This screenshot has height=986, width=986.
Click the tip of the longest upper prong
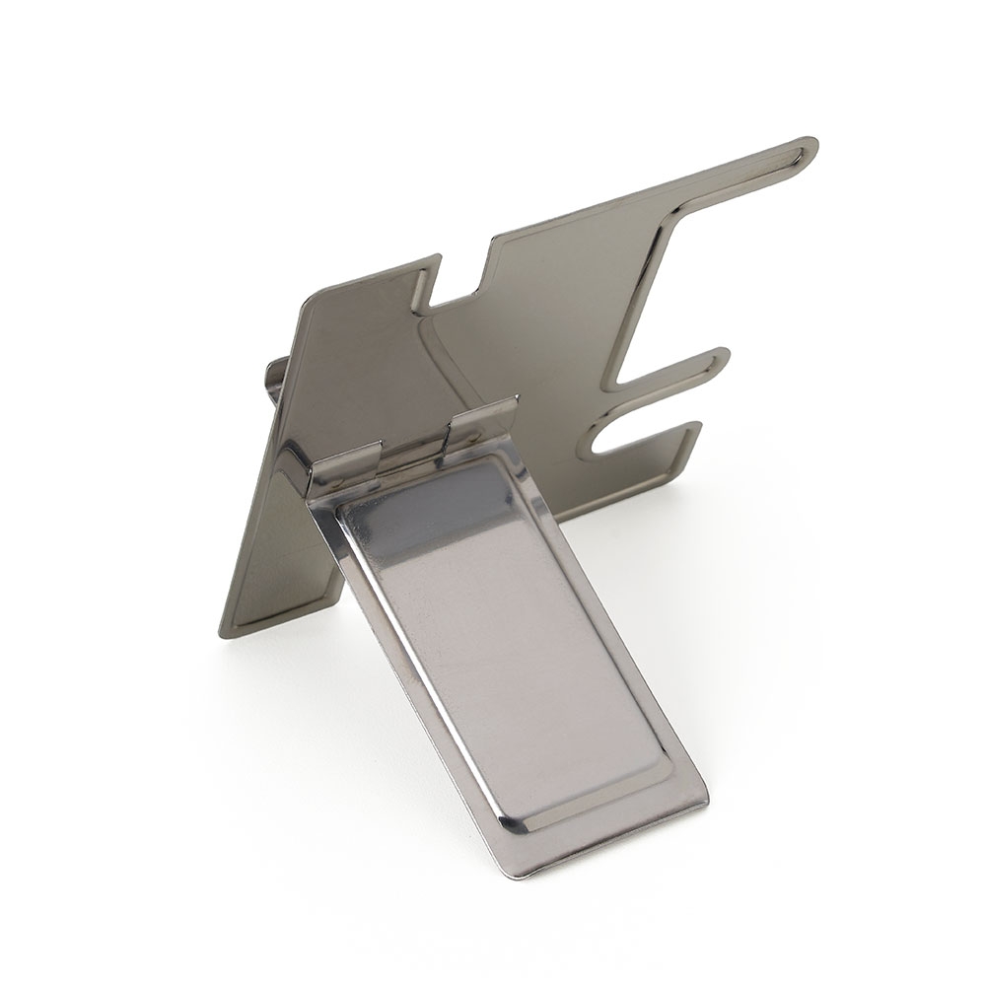pos(807,149)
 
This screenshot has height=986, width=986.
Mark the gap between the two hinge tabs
pos(414,449)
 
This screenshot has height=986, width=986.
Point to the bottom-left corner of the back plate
pos(225,631)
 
